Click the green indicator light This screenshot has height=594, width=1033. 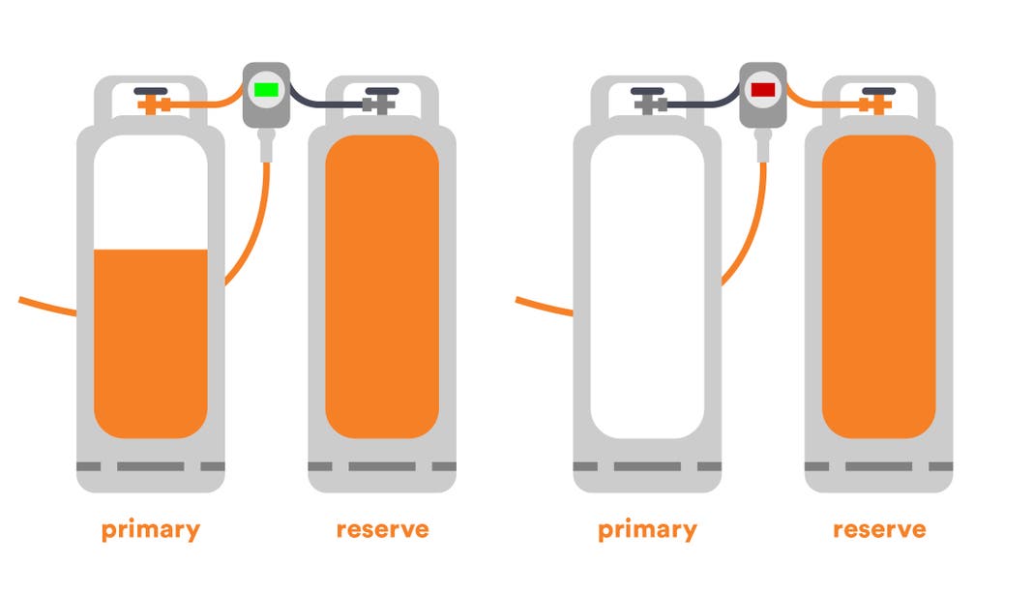coord(265,90)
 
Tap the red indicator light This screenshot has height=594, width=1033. coord(763,90)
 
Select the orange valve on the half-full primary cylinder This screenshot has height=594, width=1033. coord(153,101)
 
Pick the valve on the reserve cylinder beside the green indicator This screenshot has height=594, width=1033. coord(380,98)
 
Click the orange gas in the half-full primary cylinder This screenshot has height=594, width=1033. coord(151,339)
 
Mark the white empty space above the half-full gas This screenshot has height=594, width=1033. coord(151,193)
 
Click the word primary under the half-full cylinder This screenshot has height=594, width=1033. coord(151,530)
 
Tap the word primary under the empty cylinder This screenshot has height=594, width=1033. coord(647,530)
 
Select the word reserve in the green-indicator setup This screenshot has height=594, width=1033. coord(382,530)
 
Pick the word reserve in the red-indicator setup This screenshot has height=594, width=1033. coord(879,530)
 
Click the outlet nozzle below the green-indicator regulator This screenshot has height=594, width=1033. coord(265,145)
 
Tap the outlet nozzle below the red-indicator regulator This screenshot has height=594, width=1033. coord(763,145)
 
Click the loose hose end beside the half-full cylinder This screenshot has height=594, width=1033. coord(29,302)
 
